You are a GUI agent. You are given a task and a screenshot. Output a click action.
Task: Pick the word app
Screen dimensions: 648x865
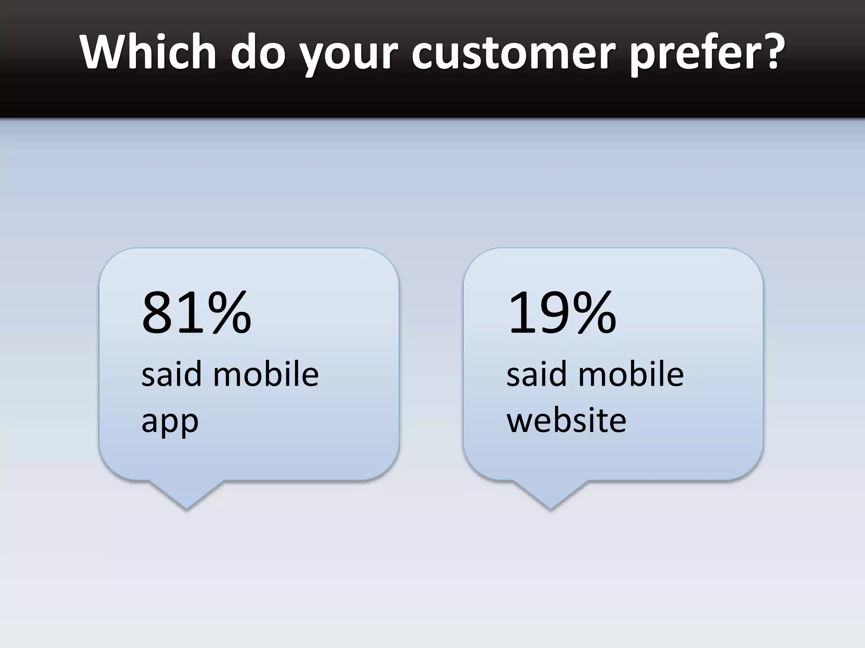click(x=170, y=422)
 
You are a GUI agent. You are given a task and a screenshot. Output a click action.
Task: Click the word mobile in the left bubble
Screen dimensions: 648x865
click(x=266, y=374)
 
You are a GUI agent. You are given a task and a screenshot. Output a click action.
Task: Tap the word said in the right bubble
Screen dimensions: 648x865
click(x=536, y=374)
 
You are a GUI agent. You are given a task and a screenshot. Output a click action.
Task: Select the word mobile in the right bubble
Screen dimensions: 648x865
click(x=631, y=374)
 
